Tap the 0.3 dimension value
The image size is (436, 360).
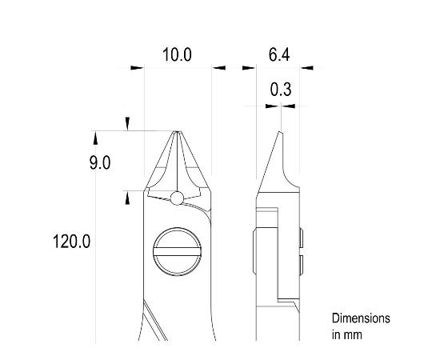(x=280, y=90)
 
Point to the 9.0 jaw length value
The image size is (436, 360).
(x=99, y=163)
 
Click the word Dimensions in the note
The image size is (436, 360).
(x=362, y=318)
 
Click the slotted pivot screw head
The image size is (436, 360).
(x=177, y=252)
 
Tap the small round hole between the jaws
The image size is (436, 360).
(x=177, y=198)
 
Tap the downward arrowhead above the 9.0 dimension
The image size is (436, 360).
(x=126, y=122)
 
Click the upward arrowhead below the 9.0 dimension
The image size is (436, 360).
(x=126, y=198)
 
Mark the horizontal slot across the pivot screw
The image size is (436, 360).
(x=177, y=253)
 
